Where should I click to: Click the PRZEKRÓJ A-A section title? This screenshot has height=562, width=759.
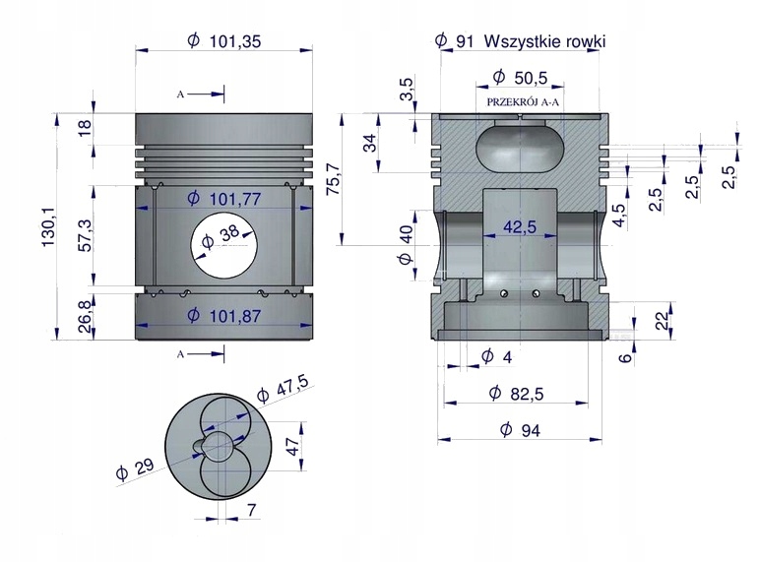point(521,101)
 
